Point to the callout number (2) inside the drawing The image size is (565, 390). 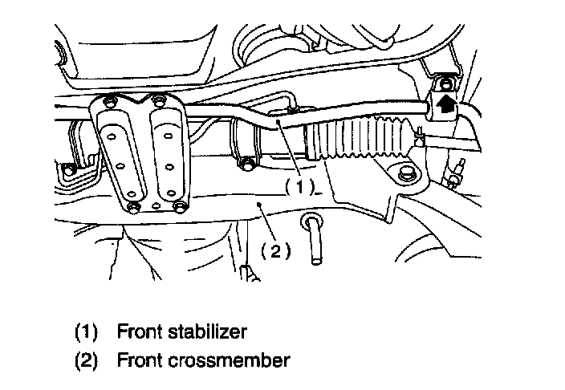point(273,251)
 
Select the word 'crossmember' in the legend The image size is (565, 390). point(237,360)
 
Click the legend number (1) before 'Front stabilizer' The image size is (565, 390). point(85,331)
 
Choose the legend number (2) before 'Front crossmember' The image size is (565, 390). point(85,360)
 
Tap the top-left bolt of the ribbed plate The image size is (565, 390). point(107,102)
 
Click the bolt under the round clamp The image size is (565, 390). point(248,166)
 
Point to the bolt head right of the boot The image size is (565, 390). point(404,173)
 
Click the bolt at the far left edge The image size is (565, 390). point(69,169)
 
